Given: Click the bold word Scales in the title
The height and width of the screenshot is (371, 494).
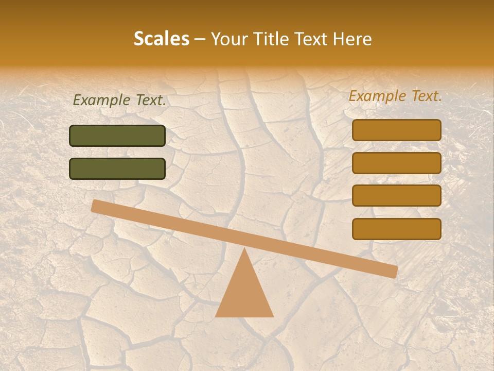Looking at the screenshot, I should pos(161,39).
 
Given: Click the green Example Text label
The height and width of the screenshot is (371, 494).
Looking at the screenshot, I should pos(119,100).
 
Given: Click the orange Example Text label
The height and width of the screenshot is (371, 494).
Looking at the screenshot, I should pos(395,96).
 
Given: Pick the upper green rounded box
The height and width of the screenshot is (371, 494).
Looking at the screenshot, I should pos(117,136).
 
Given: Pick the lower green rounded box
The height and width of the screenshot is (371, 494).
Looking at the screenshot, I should pos(117,168).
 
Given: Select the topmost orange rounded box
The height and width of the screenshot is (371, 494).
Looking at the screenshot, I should pos(397,130).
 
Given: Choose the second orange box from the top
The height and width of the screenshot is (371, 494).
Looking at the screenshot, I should pos(397,163).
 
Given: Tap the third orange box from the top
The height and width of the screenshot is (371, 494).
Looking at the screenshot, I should pos(397,196).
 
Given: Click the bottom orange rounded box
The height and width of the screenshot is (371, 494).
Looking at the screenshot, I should pos(397,229).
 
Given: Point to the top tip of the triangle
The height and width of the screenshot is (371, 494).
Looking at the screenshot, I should pos(244,249).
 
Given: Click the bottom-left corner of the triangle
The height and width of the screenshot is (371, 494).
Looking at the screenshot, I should pos(216,316).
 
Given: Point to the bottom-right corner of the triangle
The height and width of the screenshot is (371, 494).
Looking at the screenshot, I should pos(273,316).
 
